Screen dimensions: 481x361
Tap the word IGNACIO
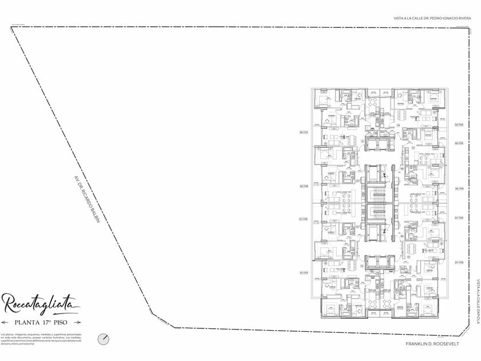click(x=446, y=18)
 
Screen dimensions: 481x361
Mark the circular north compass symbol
click(x=103, y=339)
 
